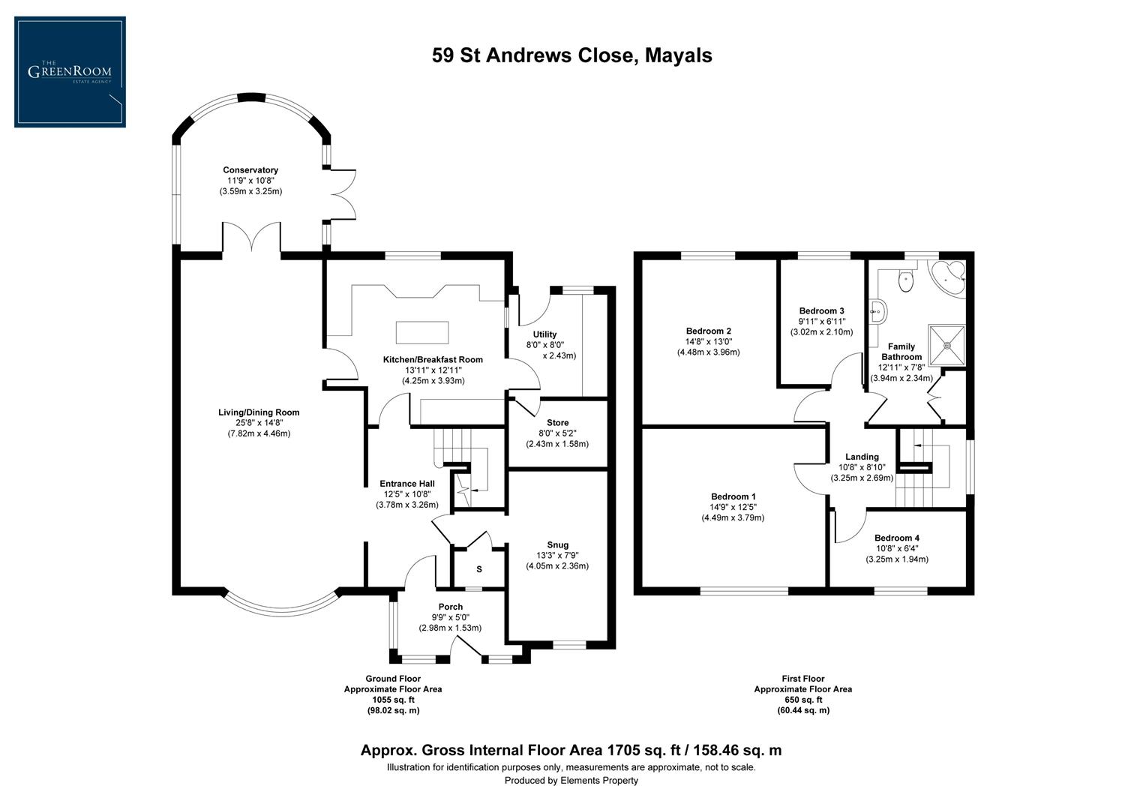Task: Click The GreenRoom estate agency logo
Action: coord(70,72)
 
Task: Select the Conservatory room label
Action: coord(250,170)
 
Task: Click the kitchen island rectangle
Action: coord(422,331)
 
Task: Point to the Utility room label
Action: coord(544,334)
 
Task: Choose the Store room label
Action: coord(557,423)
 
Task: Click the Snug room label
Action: coord(557,545)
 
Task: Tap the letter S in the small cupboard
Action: coord(479,569)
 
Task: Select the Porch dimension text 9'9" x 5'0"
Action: coord(450,617)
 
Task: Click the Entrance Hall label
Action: coord(407,484)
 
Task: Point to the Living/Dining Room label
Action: coord(259,412)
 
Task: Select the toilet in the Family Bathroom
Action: coord(907,280)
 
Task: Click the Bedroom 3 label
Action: coord(821,311)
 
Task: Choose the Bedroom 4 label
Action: coord(896,538)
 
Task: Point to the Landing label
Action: coord(862,457)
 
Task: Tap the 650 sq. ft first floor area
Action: coord(802,699)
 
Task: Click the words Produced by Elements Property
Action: coord(571,781)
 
